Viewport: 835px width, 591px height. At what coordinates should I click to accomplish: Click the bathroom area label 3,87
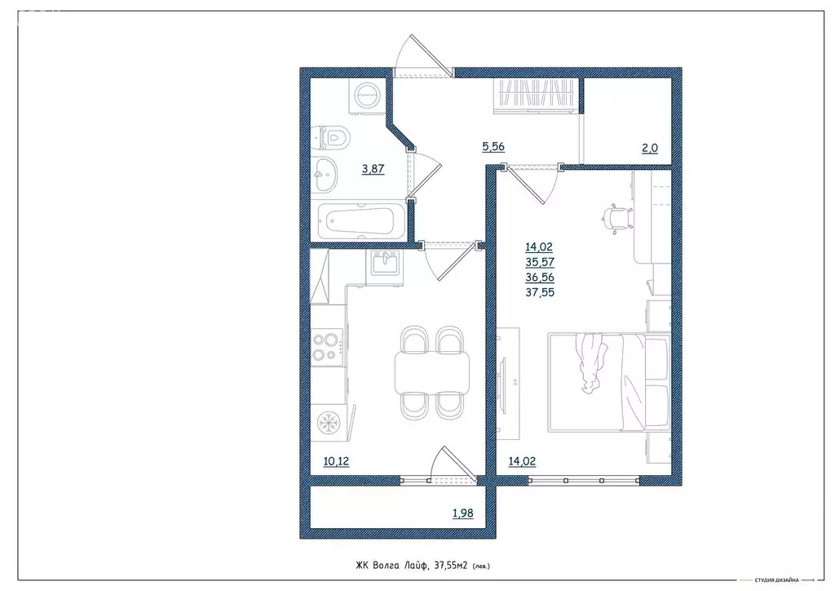coord(373,170)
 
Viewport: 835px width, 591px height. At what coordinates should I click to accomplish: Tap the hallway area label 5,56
coord(494,148)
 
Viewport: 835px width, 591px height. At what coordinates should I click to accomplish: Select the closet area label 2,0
coord(649,148)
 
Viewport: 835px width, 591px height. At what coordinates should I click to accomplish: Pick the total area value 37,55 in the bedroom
coord(540,292)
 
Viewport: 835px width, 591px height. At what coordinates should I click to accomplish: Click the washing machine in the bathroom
coord(364,95)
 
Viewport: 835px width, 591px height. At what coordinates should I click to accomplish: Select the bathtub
coord(359,221)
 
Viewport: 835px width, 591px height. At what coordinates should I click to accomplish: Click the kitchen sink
coord(383,264)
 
